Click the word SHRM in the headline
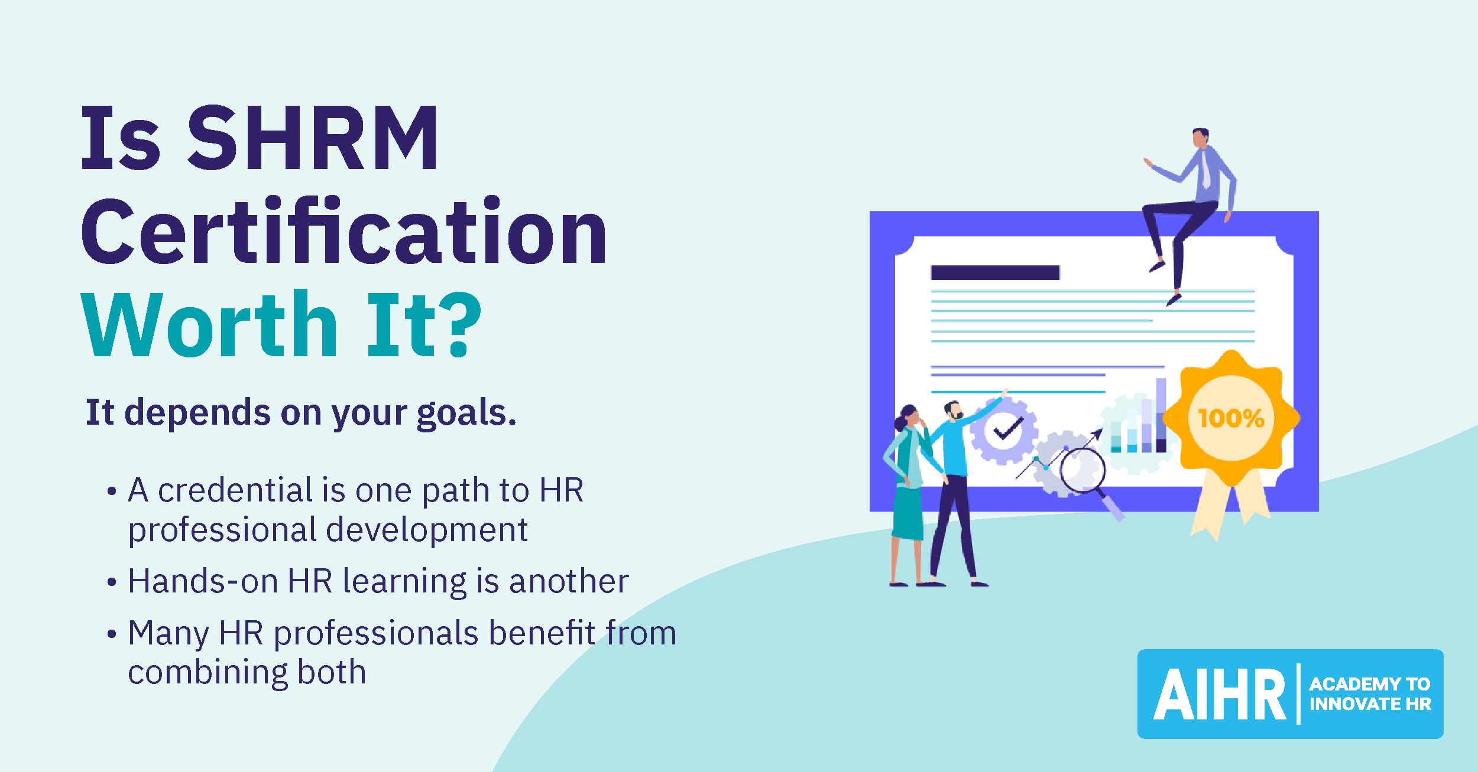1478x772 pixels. [313, 138]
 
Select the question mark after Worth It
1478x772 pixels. [464, 325]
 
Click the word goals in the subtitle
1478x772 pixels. [466, 413]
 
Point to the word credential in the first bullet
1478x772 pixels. [235, 490]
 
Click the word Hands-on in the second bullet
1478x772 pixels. [203, 581]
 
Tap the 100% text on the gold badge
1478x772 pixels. [1231, 418]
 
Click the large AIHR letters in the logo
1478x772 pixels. [1220, 695]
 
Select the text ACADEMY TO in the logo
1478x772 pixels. [1370, 684]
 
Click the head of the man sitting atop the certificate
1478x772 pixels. [1200, 138]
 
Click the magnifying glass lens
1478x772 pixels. [1082, 470]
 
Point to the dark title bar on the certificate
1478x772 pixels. [995, 272]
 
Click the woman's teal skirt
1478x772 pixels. [908, 513]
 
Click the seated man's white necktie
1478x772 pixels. [1205, 168]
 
